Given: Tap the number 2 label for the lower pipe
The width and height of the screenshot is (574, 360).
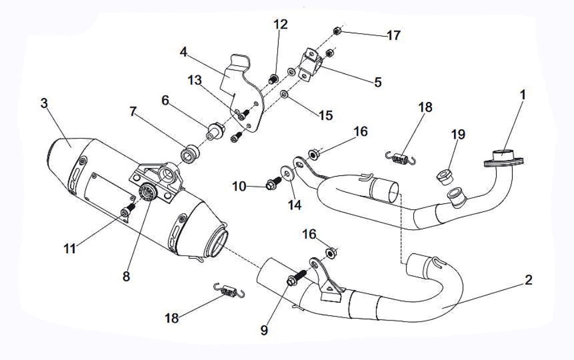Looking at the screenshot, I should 528,280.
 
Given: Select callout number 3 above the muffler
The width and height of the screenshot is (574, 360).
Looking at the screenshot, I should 44,103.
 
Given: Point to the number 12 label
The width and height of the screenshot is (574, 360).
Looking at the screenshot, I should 280,25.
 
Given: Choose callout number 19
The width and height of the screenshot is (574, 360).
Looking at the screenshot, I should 458,135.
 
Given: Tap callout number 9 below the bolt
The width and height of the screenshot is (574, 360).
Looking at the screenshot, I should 264,331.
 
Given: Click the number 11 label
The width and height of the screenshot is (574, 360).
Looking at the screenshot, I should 69,249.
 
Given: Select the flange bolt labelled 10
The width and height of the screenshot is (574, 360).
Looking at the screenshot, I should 272,185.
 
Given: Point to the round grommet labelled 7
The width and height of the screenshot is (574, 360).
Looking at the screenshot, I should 189,154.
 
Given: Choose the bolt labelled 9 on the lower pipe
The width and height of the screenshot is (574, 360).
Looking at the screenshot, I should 294,280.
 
